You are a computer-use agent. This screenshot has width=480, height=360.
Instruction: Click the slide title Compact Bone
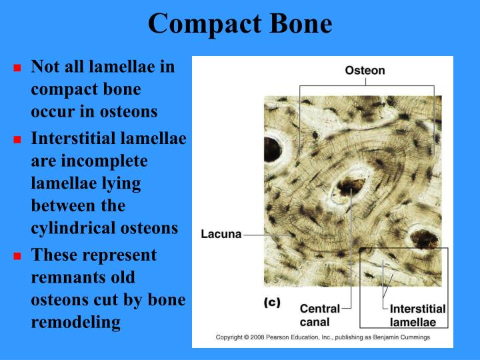point(240,23)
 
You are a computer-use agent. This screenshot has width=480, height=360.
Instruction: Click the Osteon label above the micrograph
point(365,71)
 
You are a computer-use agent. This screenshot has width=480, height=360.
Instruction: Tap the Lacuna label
point(221,234)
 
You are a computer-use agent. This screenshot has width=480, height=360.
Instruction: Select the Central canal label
point(319,315)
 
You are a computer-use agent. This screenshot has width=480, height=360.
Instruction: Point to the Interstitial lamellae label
point(417,315)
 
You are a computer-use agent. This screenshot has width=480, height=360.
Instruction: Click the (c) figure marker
point(271,302)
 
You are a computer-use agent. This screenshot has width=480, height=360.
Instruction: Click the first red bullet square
point(18,68)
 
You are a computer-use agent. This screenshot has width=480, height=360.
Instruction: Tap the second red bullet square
point(18,140)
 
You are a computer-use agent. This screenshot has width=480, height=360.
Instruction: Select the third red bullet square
point(18,256)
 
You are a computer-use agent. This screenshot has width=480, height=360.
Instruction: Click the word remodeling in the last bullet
point(75,323)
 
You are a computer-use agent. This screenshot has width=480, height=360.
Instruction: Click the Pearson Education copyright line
point(323,337)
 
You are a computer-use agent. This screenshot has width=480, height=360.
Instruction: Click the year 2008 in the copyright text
point(261,337)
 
